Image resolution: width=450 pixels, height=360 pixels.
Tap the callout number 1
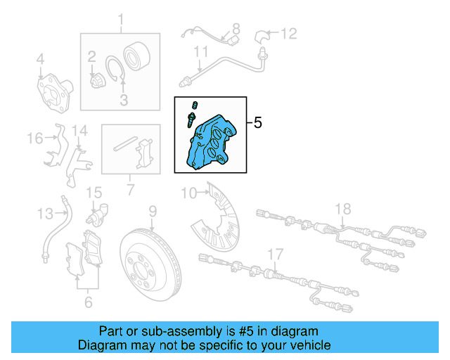click(120, 20)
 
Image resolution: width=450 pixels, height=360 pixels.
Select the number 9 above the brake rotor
click(152, 210)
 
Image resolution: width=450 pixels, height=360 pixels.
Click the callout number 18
click(342, 208)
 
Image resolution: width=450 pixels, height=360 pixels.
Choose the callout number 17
click(275, 254)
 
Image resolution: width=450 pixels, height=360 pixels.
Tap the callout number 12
click(290, 33)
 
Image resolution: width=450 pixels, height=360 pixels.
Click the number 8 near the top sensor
click(236, 29)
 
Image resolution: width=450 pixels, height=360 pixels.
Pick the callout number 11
click(201, 51)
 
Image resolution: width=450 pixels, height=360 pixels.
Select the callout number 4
click(40, 58)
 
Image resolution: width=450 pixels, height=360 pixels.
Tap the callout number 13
click(45, 213)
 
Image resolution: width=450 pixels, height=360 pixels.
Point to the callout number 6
click(88, 302)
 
